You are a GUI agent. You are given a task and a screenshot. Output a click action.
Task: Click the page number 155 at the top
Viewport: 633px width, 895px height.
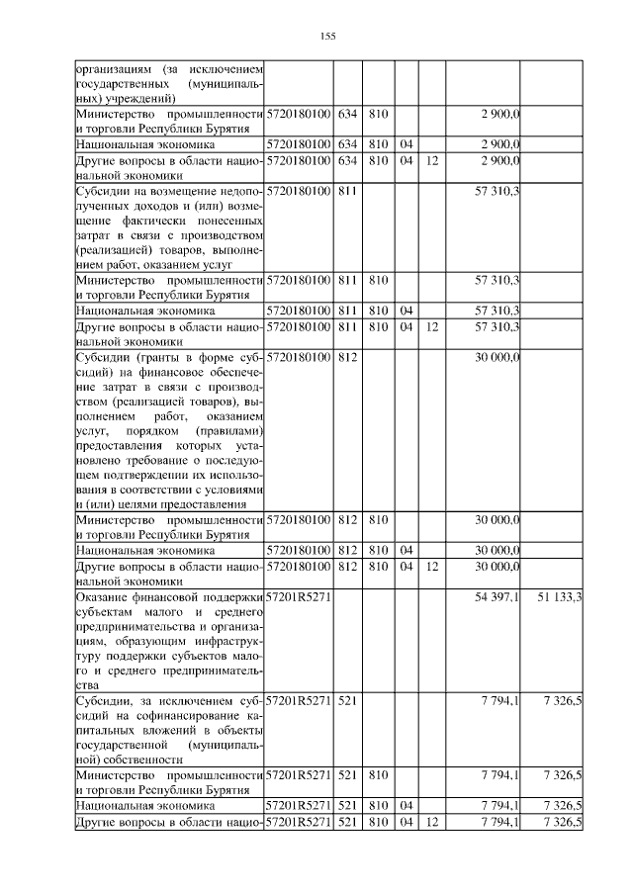coord(328,37)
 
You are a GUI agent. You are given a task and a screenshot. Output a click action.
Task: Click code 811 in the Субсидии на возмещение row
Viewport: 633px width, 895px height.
coord(346,189)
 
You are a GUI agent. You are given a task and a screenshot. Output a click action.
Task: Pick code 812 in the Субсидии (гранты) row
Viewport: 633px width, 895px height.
coord(346,354)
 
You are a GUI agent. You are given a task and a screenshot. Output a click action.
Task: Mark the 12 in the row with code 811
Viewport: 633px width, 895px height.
coord(431,325)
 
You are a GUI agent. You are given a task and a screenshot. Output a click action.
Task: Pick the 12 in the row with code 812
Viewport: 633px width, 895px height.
coord(431,567)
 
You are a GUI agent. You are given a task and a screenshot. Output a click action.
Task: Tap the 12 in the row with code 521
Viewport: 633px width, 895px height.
coord(431,823)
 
